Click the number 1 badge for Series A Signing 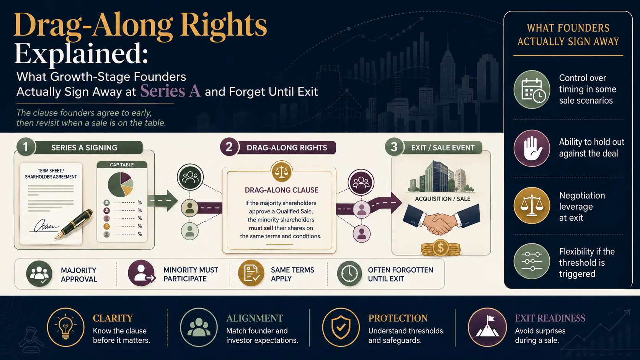[x=26, y=147]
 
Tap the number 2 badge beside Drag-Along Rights [x=229, y=147]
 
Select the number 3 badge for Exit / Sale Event [x=394, y=147]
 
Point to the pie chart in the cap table [x=121, y=184]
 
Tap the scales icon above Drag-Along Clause [x=281, y=172]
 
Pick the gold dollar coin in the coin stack [x=441, y=248]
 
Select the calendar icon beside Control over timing [x=532, y=90]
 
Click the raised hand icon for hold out [x=532, y=148]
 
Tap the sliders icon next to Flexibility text [x=532, y=261]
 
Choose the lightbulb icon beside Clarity [x=66, y=327]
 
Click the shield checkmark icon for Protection [x=341, y=327]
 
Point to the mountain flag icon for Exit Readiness [x=487, y=327]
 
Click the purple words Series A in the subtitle [x=170, y=91]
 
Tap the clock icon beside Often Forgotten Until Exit [x=349, y=274]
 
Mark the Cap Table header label [x=122, y=165]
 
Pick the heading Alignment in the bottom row [x=255, y=318]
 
